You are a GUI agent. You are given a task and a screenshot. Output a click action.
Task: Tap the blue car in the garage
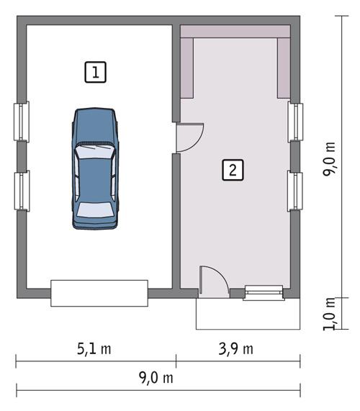tap(94, 168)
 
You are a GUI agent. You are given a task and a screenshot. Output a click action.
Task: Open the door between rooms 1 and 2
tap(189, 137)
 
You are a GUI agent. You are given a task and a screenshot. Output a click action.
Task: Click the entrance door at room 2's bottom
tap(213, 281)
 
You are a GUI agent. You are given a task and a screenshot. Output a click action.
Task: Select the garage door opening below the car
tap(99, 293)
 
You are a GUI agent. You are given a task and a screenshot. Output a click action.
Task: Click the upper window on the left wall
tap(22, 120)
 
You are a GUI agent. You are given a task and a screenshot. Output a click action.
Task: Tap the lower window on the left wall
tap(22, 191)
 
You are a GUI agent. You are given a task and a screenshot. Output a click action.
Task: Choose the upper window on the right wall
tap(295, 121)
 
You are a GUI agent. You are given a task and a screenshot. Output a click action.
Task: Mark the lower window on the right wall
tap(295, 191)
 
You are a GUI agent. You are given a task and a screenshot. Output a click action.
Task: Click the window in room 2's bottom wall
tap(263, 292)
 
